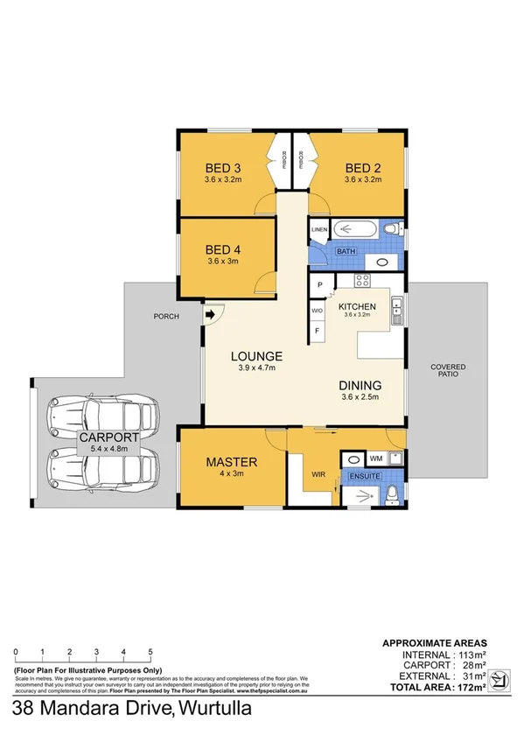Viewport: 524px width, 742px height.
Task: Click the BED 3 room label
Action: (x=223, y=168)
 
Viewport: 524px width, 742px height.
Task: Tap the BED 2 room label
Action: (x=363, y=168)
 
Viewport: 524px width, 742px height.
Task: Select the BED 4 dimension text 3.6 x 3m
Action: (x=223, y=261)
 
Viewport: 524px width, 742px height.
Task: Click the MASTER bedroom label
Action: (x=231, y=461)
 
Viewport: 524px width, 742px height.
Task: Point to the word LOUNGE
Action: (x=256, y=356)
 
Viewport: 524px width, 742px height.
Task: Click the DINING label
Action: (x=360, y=385)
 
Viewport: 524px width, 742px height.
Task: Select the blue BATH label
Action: (x=346, y=251)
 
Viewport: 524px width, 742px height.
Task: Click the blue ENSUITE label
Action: (x=363, y=476)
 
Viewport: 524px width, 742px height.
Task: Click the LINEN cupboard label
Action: (x=318, y=231)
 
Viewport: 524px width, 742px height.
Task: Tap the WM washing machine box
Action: (x=375, y=458)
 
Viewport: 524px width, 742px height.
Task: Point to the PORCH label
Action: (x=165, y=317)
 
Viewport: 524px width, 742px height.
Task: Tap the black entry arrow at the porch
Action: (x=212, y=315)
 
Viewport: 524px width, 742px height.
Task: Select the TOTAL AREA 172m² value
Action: (x=465, y=686)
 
